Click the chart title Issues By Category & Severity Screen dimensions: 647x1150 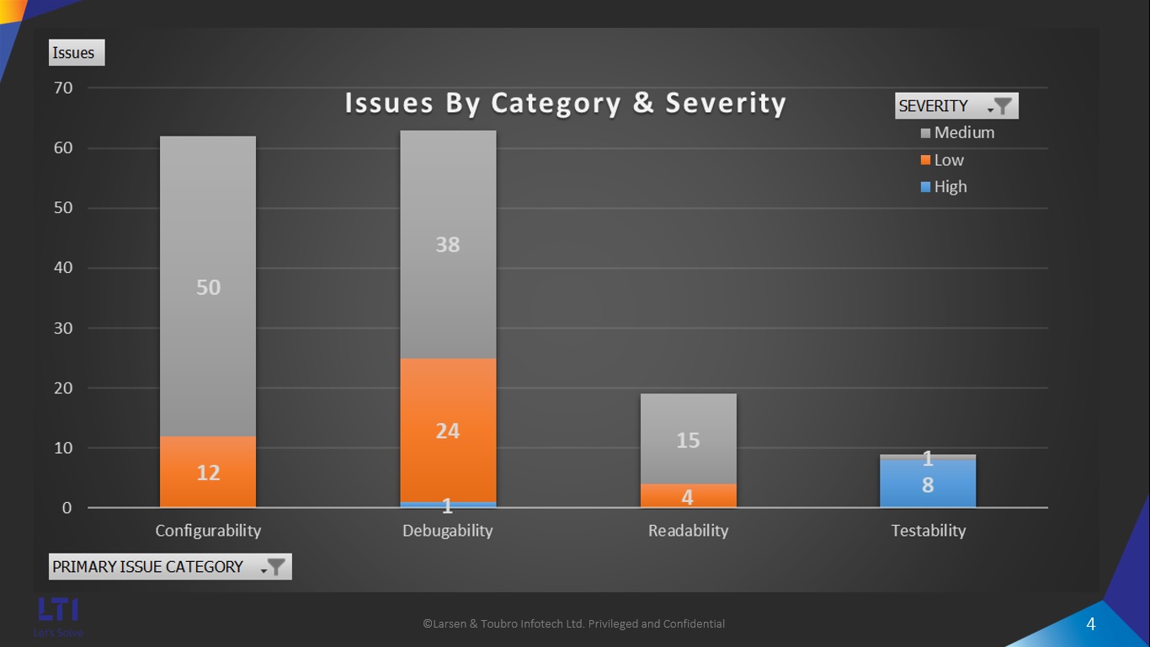[x=565, y=104]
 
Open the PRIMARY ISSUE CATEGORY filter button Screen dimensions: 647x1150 [x=275, y=567]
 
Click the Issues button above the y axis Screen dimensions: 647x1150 [x=74, y=53]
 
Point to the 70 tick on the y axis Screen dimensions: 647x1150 [x=64, y=88]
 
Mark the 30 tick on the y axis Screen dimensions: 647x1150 [x=64, y=329]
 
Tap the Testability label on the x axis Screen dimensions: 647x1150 [x=928, y=531]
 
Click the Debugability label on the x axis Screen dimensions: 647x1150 [x=448, y=531]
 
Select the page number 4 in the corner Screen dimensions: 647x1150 [x=1091, y=624]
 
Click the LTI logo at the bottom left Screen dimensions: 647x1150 [x=58, y=611]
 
